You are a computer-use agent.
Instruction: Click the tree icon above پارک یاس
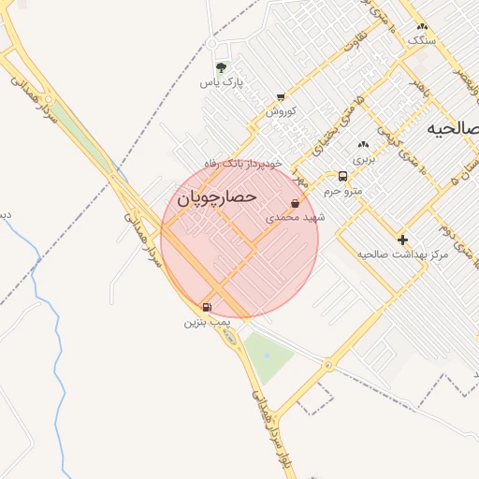click(222, 67)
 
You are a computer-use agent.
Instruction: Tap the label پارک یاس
click(222, 82)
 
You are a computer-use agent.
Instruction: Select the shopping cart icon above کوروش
click(281, 96)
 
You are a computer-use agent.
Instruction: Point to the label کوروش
click(281, 110)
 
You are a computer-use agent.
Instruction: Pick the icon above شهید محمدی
click(296, 203)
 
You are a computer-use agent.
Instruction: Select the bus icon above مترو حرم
click(342, 176)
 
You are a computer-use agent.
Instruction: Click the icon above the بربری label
click(364, 144)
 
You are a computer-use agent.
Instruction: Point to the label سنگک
click(421, 40)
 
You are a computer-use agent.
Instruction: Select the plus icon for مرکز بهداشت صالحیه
click(403, 239)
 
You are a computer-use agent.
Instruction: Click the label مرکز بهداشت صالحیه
click(403, 254)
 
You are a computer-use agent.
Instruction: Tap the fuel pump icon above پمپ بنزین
click(207, 307)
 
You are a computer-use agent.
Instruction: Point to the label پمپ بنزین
click(206, 322)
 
